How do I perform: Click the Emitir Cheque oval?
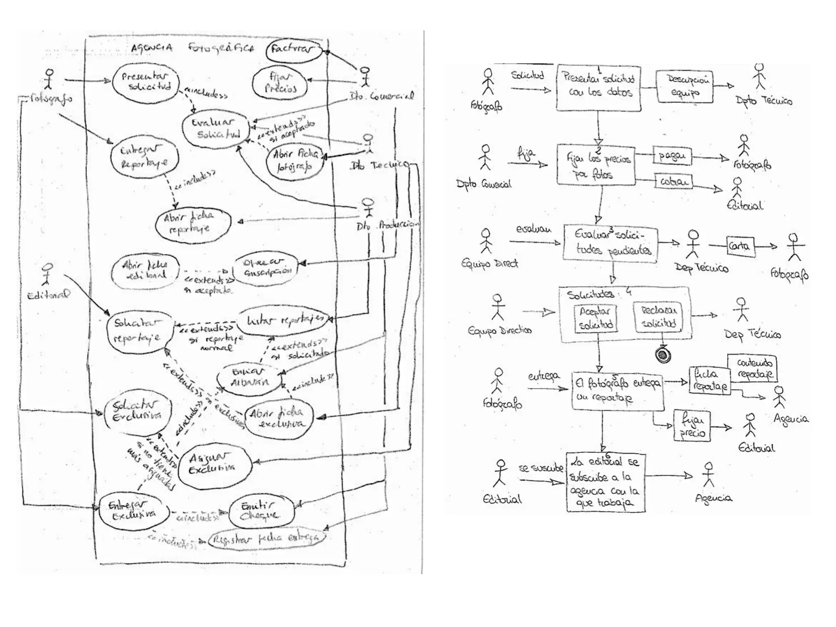pos(261,511)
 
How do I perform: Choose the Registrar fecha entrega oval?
pos(267,539)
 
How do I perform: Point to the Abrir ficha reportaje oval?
pos(192,223)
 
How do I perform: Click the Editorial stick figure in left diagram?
pos(47,274)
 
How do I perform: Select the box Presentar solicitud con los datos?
pos(598,87)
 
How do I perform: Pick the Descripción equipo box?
pos(685,86)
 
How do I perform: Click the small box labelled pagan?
pos(672,156)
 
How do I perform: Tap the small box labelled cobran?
pos(674,181)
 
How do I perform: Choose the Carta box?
pos(740,246)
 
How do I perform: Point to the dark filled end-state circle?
pos(663,354)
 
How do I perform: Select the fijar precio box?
pos(692,426)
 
